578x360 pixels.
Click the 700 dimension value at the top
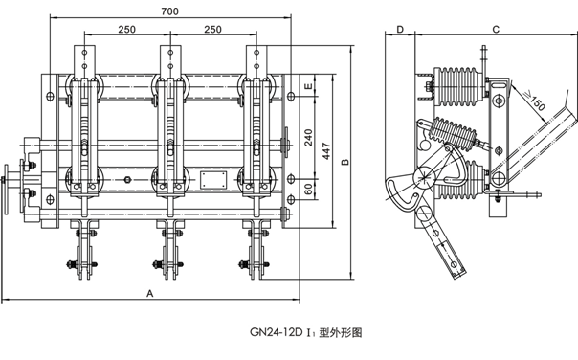[x=170, y=11]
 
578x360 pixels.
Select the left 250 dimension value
[x=127, y=29]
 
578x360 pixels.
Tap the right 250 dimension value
[x=213, y=29]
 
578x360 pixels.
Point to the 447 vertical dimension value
[x=326, y=151]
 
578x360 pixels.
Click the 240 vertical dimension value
[x=309, y=137]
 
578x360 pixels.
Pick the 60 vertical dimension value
[x=309, y=189]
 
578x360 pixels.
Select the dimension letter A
[x=149, y=293]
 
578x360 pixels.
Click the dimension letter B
[x=345, y=162]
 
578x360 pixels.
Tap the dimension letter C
[x=496, y=29]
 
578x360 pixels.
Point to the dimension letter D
[x=400, y=29]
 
